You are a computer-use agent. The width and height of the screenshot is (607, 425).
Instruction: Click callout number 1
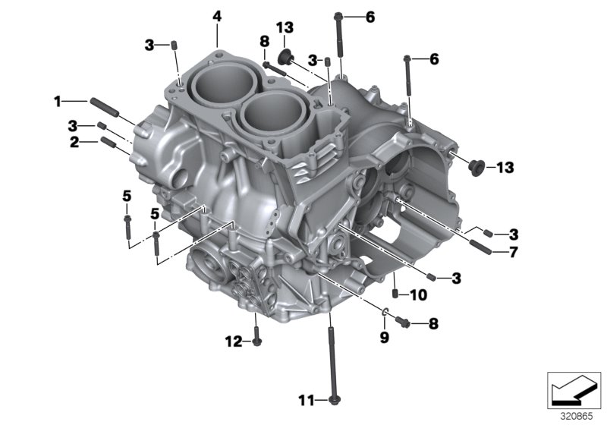click(x=57, y=100)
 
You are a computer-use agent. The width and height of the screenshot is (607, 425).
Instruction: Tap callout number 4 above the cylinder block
click(x=217, y=16)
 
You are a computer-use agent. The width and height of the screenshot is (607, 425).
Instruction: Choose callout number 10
click(x=419, y=294)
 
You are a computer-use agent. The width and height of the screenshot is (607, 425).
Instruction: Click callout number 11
click(x=306, y=399)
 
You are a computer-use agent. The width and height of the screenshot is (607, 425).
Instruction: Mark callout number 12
click(x=228, y=342)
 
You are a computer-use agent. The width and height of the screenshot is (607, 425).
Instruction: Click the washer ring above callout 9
click(x=385, y=311)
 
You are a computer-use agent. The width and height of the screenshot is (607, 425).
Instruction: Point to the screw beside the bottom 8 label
click(x=403, y=322)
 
